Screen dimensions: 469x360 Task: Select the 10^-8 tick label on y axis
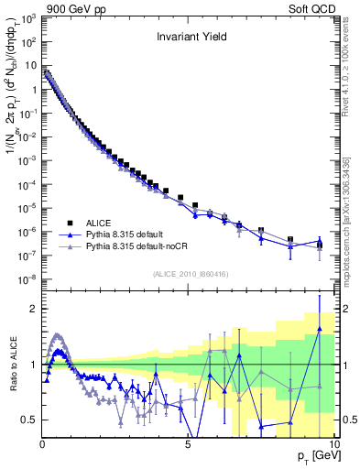coord(27,278)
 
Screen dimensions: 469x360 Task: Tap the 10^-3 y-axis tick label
coord(27,160)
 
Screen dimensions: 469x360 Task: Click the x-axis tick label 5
coord(188,442)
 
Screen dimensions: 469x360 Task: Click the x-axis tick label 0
coord(43,442)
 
